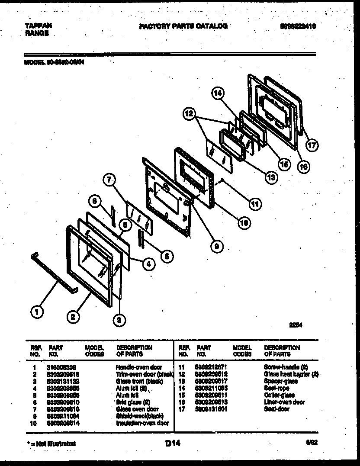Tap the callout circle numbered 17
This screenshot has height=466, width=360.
tap(312, 146)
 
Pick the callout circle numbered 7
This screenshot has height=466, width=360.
tap(110, 180)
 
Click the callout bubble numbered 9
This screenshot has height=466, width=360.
tap(217, 247)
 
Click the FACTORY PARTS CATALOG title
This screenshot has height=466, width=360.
tap(183, 26)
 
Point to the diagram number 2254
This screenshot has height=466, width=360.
tap(296, 328)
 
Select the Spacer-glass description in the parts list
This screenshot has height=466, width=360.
tap(279, 381)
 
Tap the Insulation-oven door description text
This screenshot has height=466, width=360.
tap(142, 423)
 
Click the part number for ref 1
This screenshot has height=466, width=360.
tap(63, 367)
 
